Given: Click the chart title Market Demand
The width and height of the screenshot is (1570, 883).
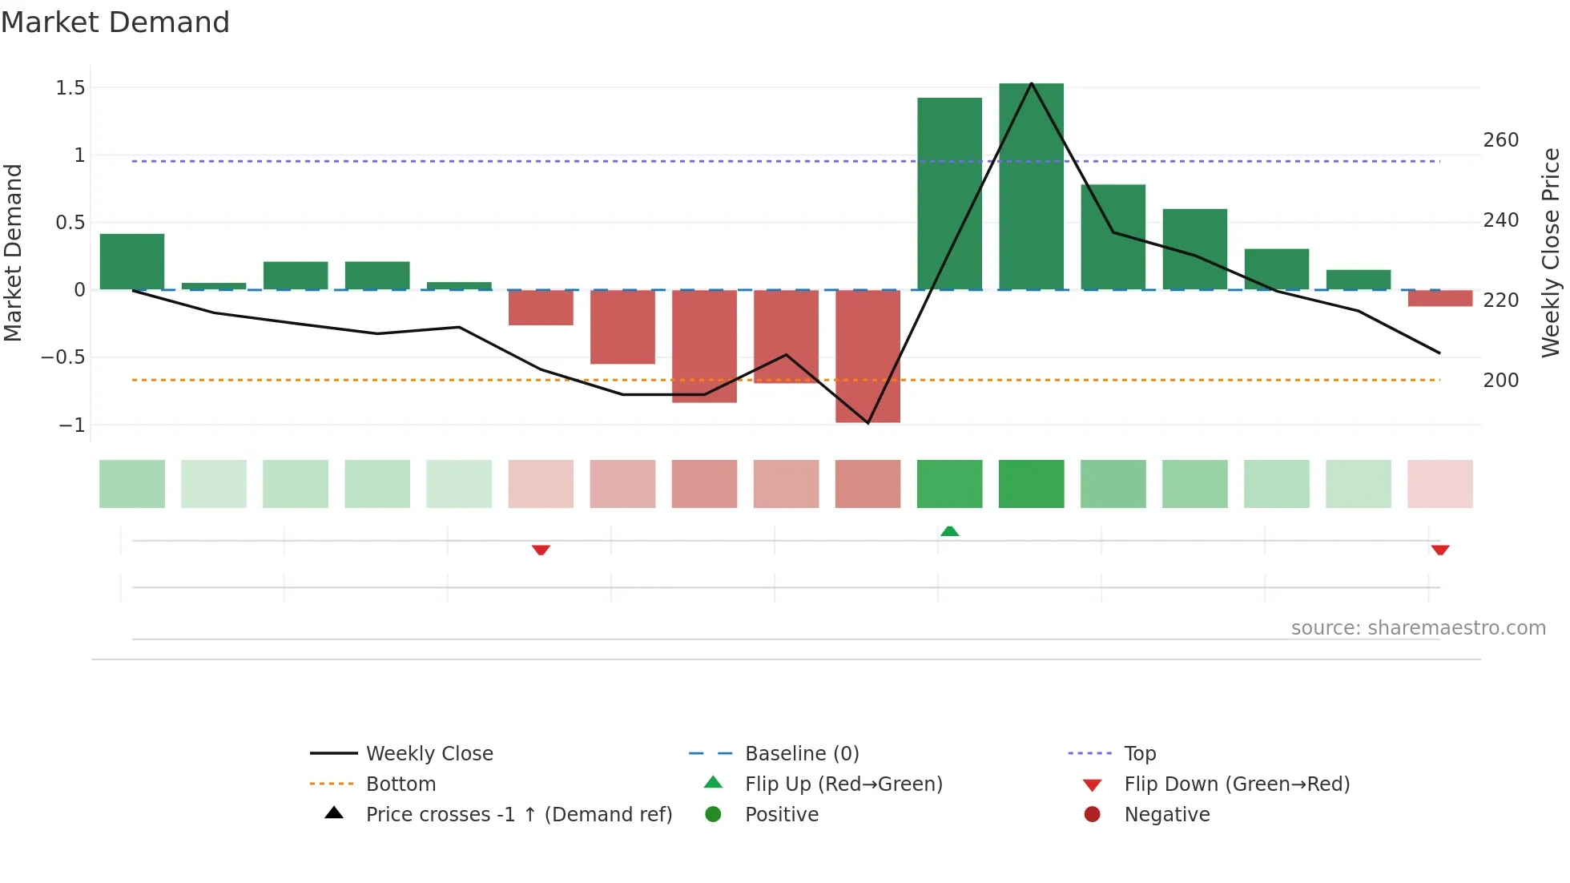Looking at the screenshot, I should coord(115,22).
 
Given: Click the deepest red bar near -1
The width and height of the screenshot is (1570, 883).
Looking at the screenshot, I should coord(868,356).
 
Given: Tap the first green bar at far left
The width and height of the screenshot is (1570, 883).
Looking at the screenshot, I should coord(132,261).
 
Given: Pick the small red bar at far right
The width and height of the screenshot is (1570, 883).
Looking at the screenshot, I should coord(1439,298).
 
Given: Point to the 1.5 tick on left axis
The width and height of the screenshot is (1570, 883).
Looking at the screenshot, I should coord(70,88).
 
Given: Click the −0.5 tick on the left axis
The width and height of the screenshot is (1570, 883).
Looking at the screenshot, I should coord(63,357).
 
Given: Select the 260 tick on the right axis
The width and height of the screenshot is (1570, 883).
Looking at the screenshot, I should coord(1500,140).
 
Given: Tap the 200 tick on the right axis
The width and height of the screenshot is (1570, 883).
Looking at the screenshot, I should coord(1500,381).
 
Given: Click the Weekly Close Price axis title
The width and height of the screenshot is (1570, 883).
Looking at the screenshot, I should coord(1551,252).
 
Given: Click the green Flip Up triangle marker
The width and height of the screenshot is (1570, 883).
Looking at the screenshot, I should coord(949,531).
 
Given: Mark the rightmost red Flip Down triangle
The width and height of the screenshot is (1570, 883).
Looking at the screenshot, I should coord(1439,550).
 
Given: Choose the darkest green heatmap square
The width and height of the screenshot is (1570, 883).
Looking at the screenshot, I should coord(1031,484).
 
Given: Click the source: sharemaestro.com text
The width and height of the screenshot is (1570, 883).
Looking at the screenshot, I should coord(1418,628).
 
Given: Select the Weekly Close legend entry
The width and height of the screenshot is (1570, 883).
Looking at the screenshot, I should coord(429,754).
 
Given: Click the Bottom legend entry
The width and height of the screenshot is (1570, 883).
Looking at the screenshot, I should coord(401,784).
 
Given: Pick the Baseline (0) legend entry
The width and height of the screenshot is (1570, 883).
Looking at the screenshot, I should coord(801,754).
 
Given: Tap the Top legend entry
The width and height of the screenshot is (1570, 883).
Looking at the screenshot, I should coord(1139,754).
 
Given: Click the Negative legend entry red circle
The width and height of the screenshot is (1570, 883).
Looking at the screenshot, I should coord(1092,815).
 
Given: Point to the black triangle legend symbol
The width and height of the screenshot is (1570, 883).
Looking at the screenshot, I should coord(334,813).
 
